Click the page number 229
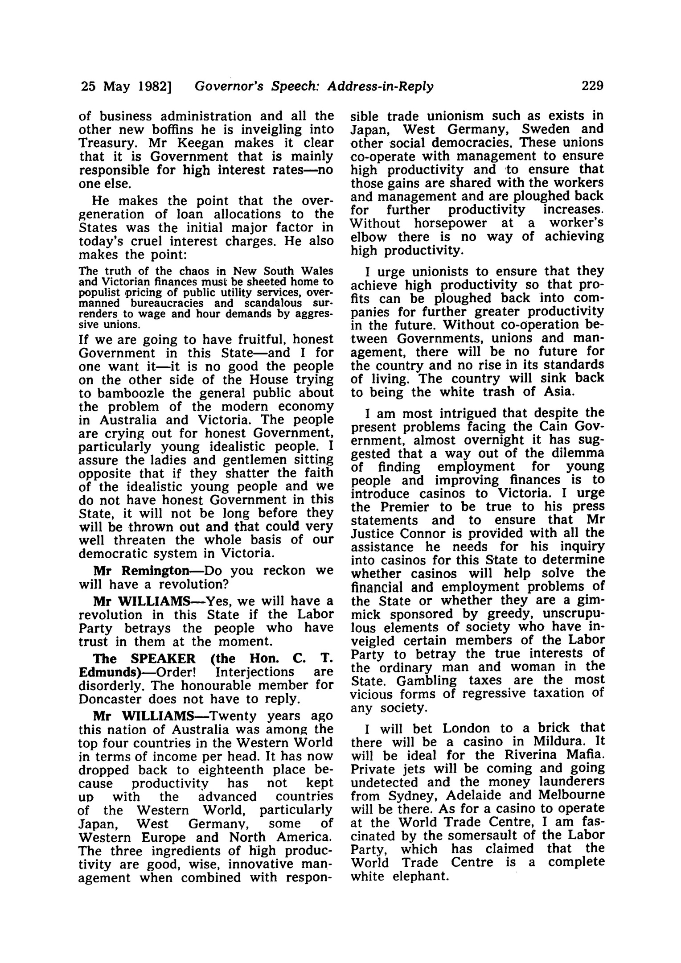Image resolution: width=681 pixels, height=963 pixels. coord(592,85)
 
